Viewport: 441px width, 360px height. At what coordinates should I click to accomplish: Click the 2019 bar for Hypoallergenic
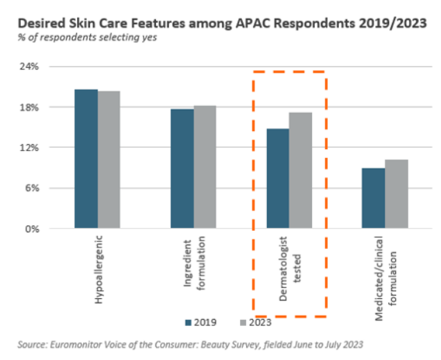point(86,159)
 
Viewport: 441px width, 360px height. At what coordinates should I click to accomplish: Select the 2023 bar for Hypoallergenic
point(109,160)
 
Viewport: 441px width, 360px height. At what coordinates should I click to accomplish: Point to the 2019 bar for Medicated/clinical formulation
point(373,198)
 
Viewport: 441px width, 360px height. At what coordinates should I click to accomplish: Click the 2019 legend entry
point(200,322)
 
